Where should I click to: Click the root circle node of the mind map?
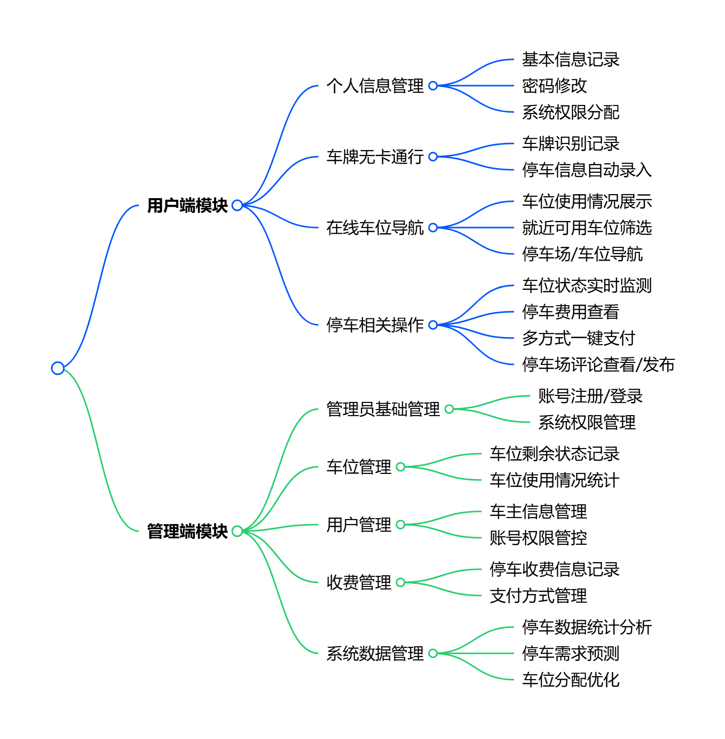58,368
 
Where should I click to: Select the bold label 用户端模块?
187,205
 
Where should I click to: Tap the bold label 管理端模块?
187,531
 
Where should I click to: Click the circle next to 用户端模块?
237,205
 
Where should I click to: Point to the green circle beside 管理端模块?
237,531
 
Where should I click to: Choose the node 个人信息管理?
375,86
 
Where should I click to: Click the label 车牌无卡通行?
375,157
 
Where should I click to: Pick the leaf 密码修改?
554,86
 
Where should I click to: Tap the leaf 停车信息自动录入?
587,170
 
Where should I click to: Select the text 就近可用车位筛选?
587,228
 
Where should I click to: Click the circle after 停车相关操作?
433,325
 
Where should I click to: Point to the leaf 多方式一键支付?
578,338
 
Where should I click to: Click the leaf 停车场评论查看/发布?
598,364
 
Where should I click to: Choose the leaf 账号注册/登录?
590,396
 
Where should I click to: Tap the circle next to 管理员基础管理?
449,409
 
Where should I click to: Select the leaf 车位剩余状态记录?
554,454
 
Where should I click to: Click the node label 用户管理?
358,525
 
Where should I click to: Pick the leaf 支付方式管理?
538,596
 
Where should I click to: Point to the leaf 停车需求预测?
570,653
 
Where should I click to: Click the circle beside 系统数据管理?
433,653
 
